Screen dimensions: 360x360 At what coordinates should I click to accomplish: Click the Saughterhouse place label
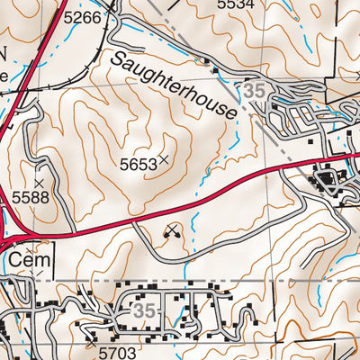(175, 85)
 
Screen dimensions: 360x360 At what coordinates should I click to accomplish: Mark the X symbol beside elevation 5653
(164, 160)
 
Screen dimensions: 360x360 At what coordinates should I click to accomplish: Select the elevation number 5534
(236, 4)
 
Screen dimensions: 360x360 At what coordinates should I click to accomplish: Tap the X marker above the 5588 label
(39, 168)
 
